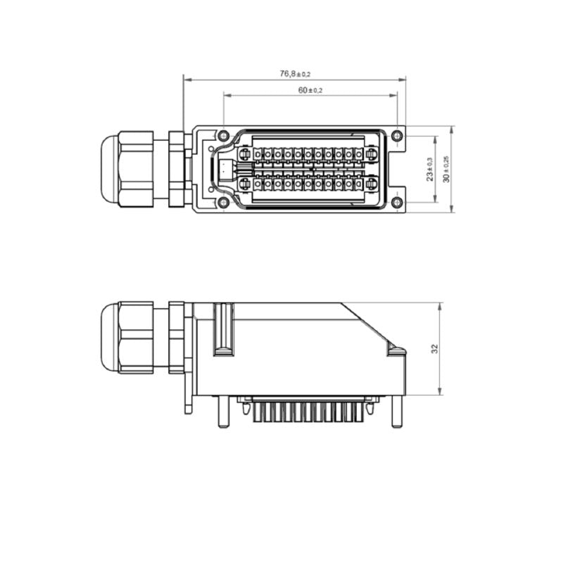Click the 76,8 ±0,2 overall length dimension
[x=294, y=73]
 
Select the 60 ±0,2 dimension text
[x=310, y=90]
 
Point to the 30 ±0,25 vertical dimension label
[x=446, y=169]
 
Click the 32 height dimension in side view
[x=434, y=348]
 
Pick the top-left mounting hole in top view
[x=223, y=136]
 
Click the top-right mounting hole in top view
[x=397, y=136]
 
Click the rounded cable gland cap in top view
[x=108, y=169]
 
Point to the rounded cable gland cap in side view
[x=108, y=337]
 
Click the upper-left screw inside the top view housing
[x=245, y=154]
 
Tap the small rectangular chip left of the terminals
[x=224, y=169]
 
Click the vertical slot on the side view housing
[x=223, y=328]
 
